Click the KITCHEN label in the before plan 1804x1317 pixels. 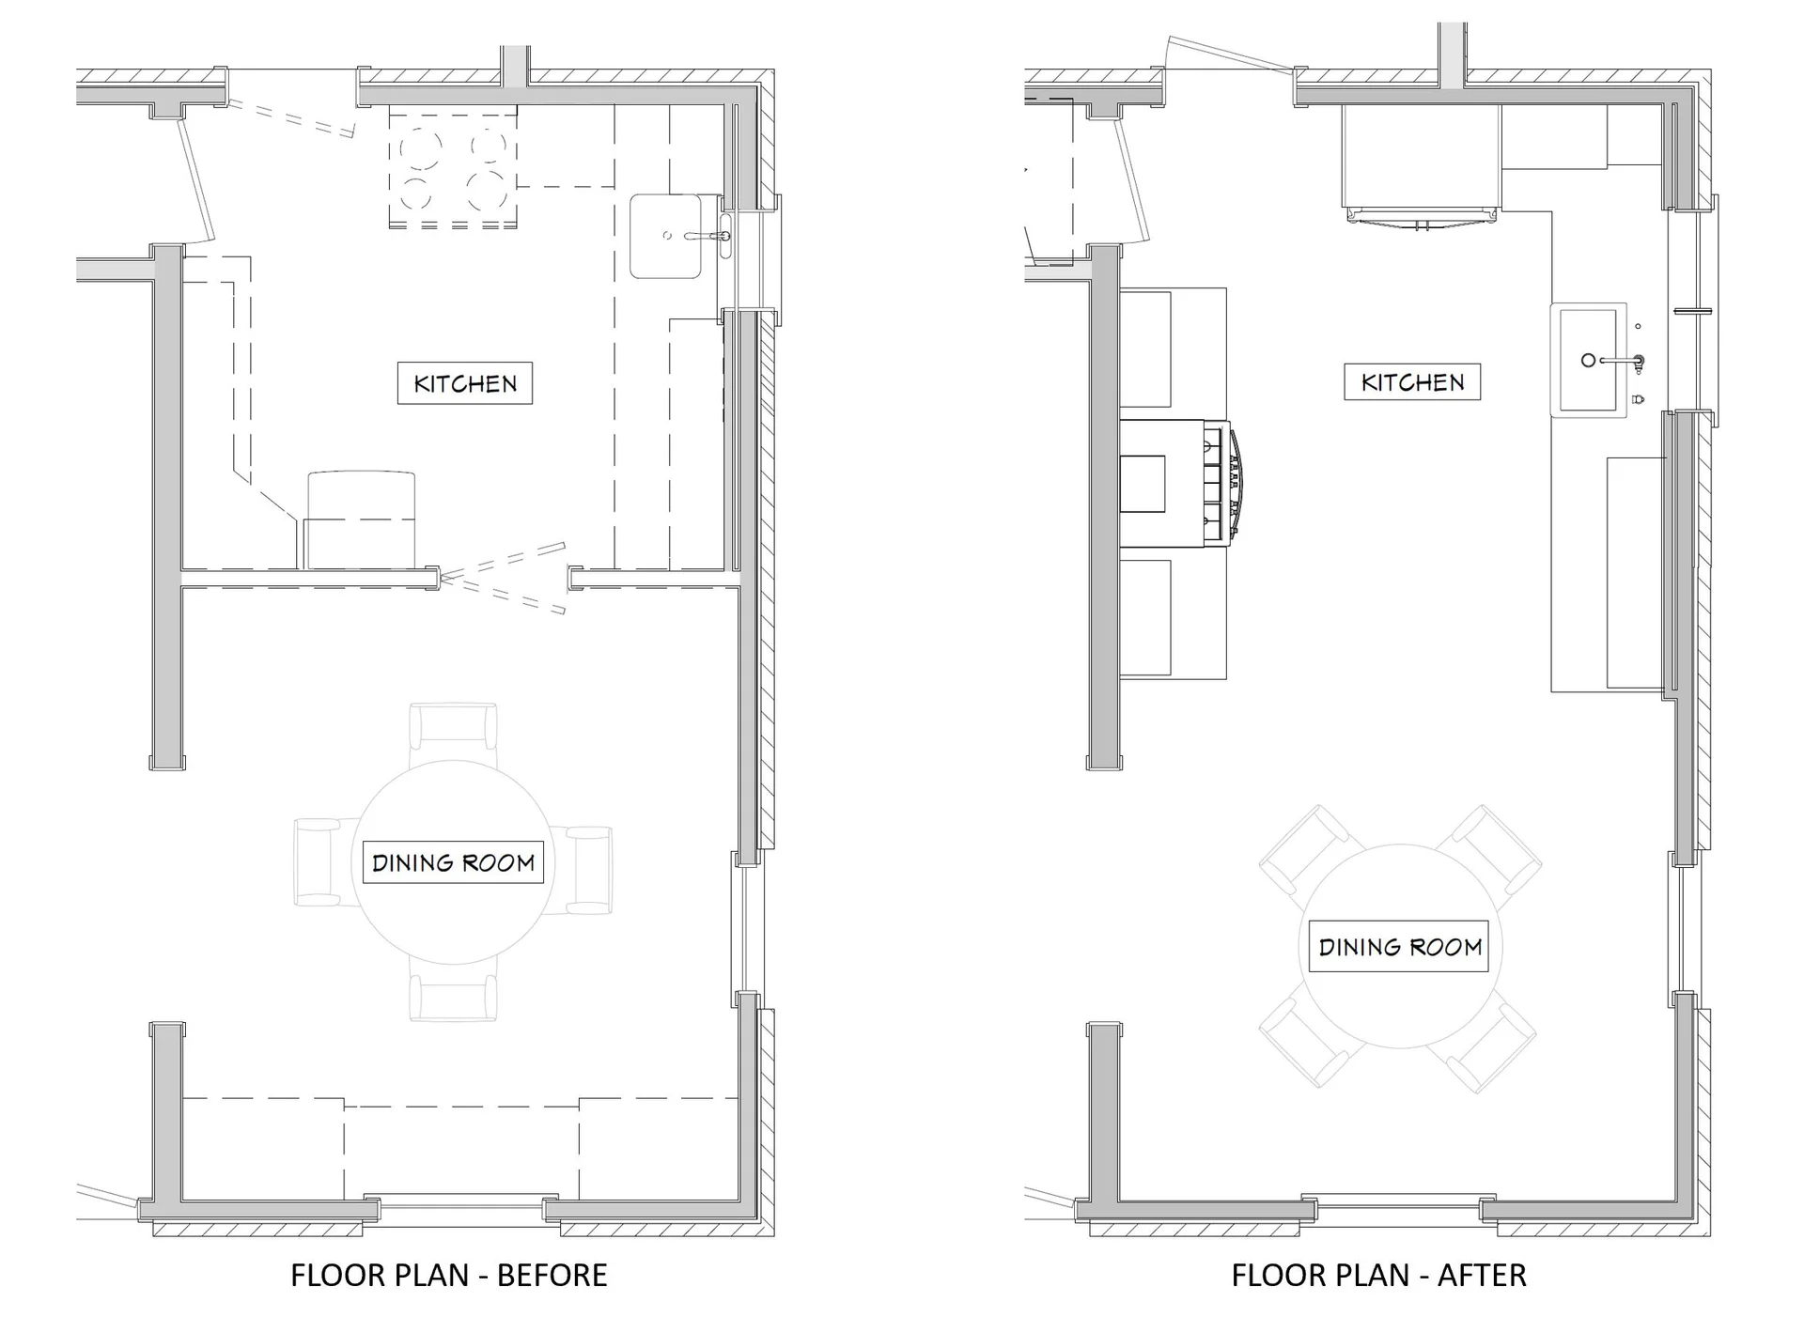464,383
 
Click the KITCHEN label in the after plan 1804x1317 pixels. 1412,382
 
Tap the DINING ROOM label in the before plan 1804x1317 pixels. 453,862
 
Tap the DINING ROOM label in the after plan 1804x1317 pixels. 1400,947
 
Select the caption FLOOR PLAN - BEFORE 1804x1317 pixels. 448,1275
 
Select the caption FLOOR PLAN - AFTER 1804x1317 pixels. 1378,1275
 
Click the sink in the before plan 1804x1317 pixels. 665,236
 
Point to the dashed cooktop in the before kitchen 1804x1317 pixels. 453,166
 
